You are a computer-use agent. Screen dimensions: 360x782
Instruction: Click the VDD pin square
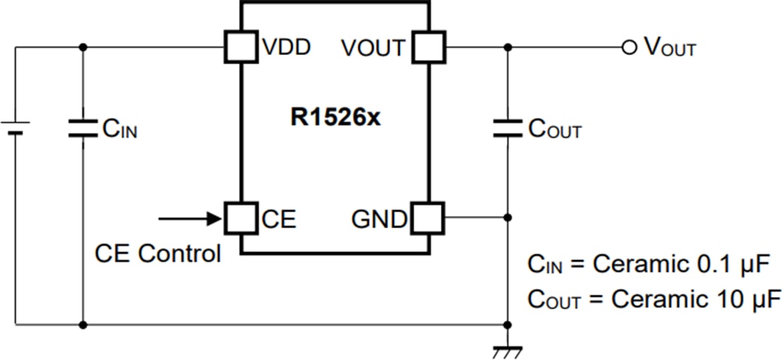240,47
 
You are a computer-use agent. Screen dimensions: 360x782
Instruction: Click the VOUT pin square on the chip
429,47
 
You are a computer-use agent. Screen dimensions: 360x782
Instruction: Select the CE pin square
240,217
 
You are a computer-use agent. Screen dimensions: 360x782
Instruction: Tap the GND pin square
429,217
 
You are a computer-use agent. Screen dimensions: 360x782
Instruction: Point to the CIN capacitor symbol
83,128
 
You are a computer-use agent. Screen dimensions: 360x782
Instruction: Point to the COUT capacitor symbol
507,128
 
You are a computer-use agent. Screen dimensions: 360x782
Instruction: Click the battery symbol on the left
16,128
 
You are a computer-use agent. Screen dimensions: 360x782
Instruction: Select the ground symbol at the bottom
507,352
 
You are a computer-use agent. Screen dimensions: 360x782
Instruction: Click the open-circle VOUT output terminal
628,47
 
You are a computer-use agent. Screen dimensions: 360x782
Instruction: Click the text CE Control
157,254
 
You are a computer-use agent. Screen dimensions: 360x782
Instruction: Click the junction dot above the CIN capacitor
83,47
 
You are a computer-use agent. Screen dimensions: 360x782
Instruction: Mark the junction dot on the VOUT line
507,47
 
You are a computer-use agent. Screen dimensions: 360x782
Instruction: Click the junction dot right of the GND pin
507,217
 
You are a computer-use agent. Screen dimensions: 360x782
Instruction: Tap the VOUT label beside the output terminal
670,49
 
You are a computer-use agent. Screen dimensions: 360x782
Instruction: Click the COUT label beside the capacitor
555,130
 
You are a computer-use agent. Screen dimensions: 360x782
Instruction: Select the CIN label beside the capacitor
119,130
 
